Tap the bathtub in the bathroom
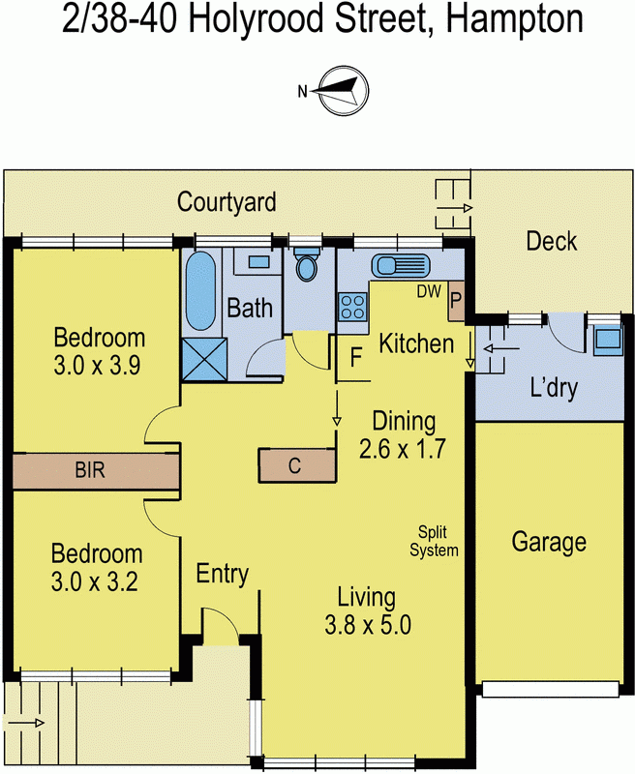tap(200, 290)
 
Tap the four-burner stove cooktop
tap(349, 308)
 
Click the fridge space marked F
tap(355, 357)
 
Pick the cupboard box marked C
tap(296, 465)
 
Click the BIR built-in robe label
tap(89, 472)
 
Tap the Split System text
tap(434, 541)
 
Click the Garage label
tap(549, 542)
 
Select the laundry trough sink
tap(607, 339)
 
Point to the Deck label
tap(551, 241)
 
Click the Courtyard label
tap(227, 202)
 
